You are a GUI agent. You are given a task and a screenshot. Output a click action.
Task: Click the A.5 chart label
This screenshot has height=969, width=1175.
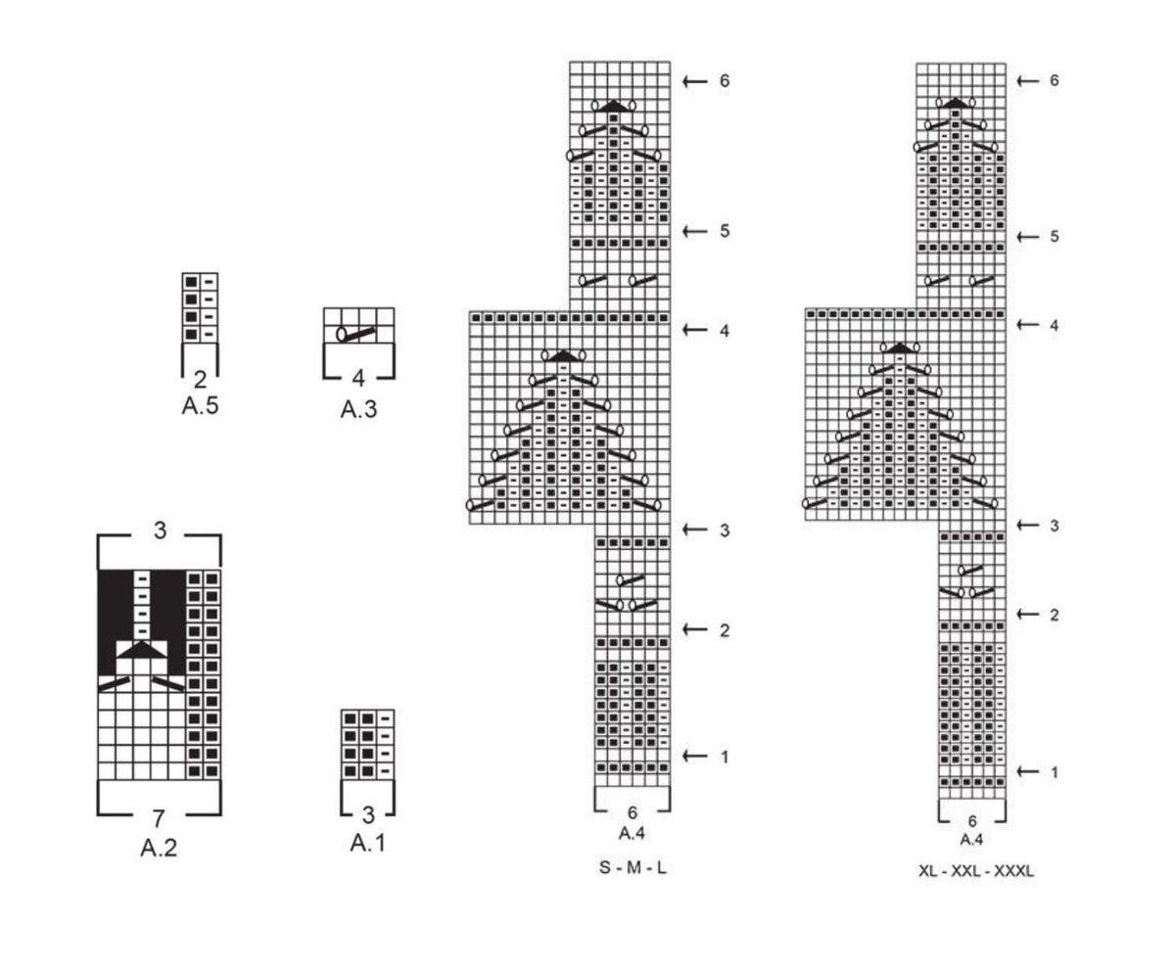(x=200, y=406)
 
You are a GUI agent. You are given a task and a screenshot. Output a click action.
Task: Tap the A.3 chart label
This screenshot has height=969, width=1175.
(x=358, y=409)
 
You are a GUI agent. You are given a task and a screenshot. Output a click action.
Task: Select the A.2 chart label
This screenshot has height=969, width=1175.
(x=159, y=848)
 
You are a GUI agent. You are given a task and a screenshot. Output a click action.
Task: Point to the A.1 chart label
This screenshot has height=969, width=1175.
(x=367, y=842)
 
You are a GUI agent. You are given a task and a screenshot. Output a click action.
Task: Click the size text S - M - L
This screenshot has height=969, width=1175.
(x=633, y=868)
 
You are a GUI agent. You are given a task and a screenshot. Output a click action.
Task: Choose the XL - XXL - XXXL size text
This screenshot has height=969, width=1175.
(x=975, y=871)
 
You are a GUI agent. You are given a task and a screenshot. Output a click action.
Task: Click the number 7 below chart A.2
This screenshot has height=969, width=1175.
(x=159, y=818)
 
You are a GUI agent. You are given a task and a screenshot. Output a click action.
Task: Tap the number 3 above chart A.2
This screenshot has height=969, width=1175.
(x=160, y=531)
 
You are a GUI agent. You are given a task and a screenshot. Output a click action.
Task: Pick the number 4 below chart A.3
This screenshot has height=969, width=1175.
(x=358, y=379)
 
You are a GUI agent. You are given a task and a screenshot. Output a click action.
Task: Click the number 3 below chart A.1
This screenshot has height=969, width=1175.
(x=368, y=814)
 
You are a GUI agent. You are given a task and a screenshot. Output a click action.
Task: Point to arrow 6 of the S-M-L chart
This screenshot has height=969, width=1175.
(x=695, y=81)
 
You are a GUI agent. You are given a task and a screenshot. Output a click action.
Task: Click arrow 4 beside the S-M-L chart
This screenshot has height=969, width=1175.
(x=695, y=331)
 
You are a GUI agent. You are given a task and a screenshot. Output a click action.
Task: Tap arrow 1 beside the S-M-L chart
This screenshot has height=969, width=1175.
(x=695, y=756)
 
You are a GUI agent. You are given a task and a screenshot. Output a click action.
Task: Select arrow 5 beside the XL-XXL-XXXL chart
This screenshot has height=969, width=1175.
(x=1028, y=237)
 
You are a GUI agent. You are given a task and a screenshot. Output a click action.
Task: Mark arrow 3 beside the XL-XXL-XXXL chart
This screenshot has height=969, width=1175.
(x=1028, y=526)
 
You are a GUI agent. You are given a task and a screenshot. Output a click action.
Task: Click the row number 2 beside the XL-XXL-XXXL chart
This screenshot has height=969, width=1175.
(x=1055, y=615)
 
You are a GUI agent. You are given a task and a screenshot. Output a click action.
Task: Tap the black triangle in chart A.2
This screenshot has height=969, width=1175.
(x=143, y=649)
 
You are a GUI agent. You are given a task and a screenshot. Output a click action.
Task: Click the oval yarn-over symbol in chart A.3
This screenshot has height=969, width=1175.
(x=342, y=334)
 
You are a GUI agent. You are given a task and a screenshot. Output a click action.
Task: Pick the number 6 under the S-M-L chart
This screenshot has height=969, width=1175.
(x=633, y=812)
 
